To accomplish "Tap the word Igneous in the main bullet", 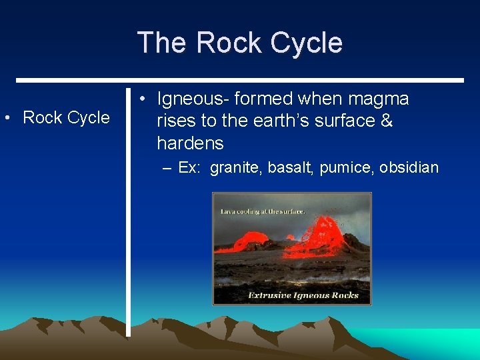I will pos(191,99).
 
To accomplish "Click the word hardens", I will pos(190,143).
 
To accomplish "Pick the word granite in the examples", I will pos(236,167).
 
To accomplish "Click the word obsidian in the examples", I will pos(409,167).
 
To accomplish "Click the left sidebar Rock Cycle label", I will pos(66,118).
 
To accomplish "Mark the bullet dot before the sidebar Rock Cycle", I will pos(7,119).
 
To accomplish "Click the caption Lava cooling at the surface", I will pos(263,211).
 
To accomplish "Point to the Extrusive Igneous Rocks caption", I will pos(303,295).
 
